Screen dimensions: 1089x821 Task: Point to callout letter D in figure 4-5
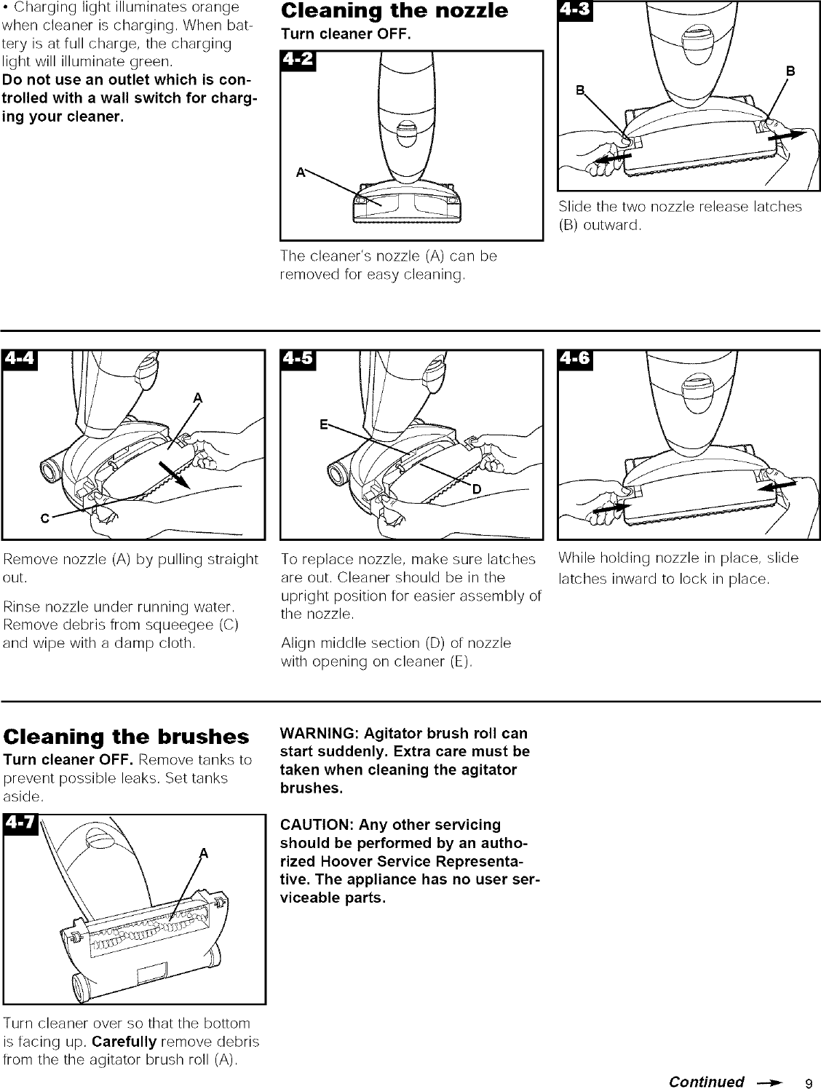[x=477, y=488]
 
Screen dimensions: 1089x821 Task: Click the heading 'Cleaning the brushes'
[x=126, y=737]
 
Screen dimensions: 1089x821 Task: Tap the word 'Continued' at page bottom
[x=705, y=1081]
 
